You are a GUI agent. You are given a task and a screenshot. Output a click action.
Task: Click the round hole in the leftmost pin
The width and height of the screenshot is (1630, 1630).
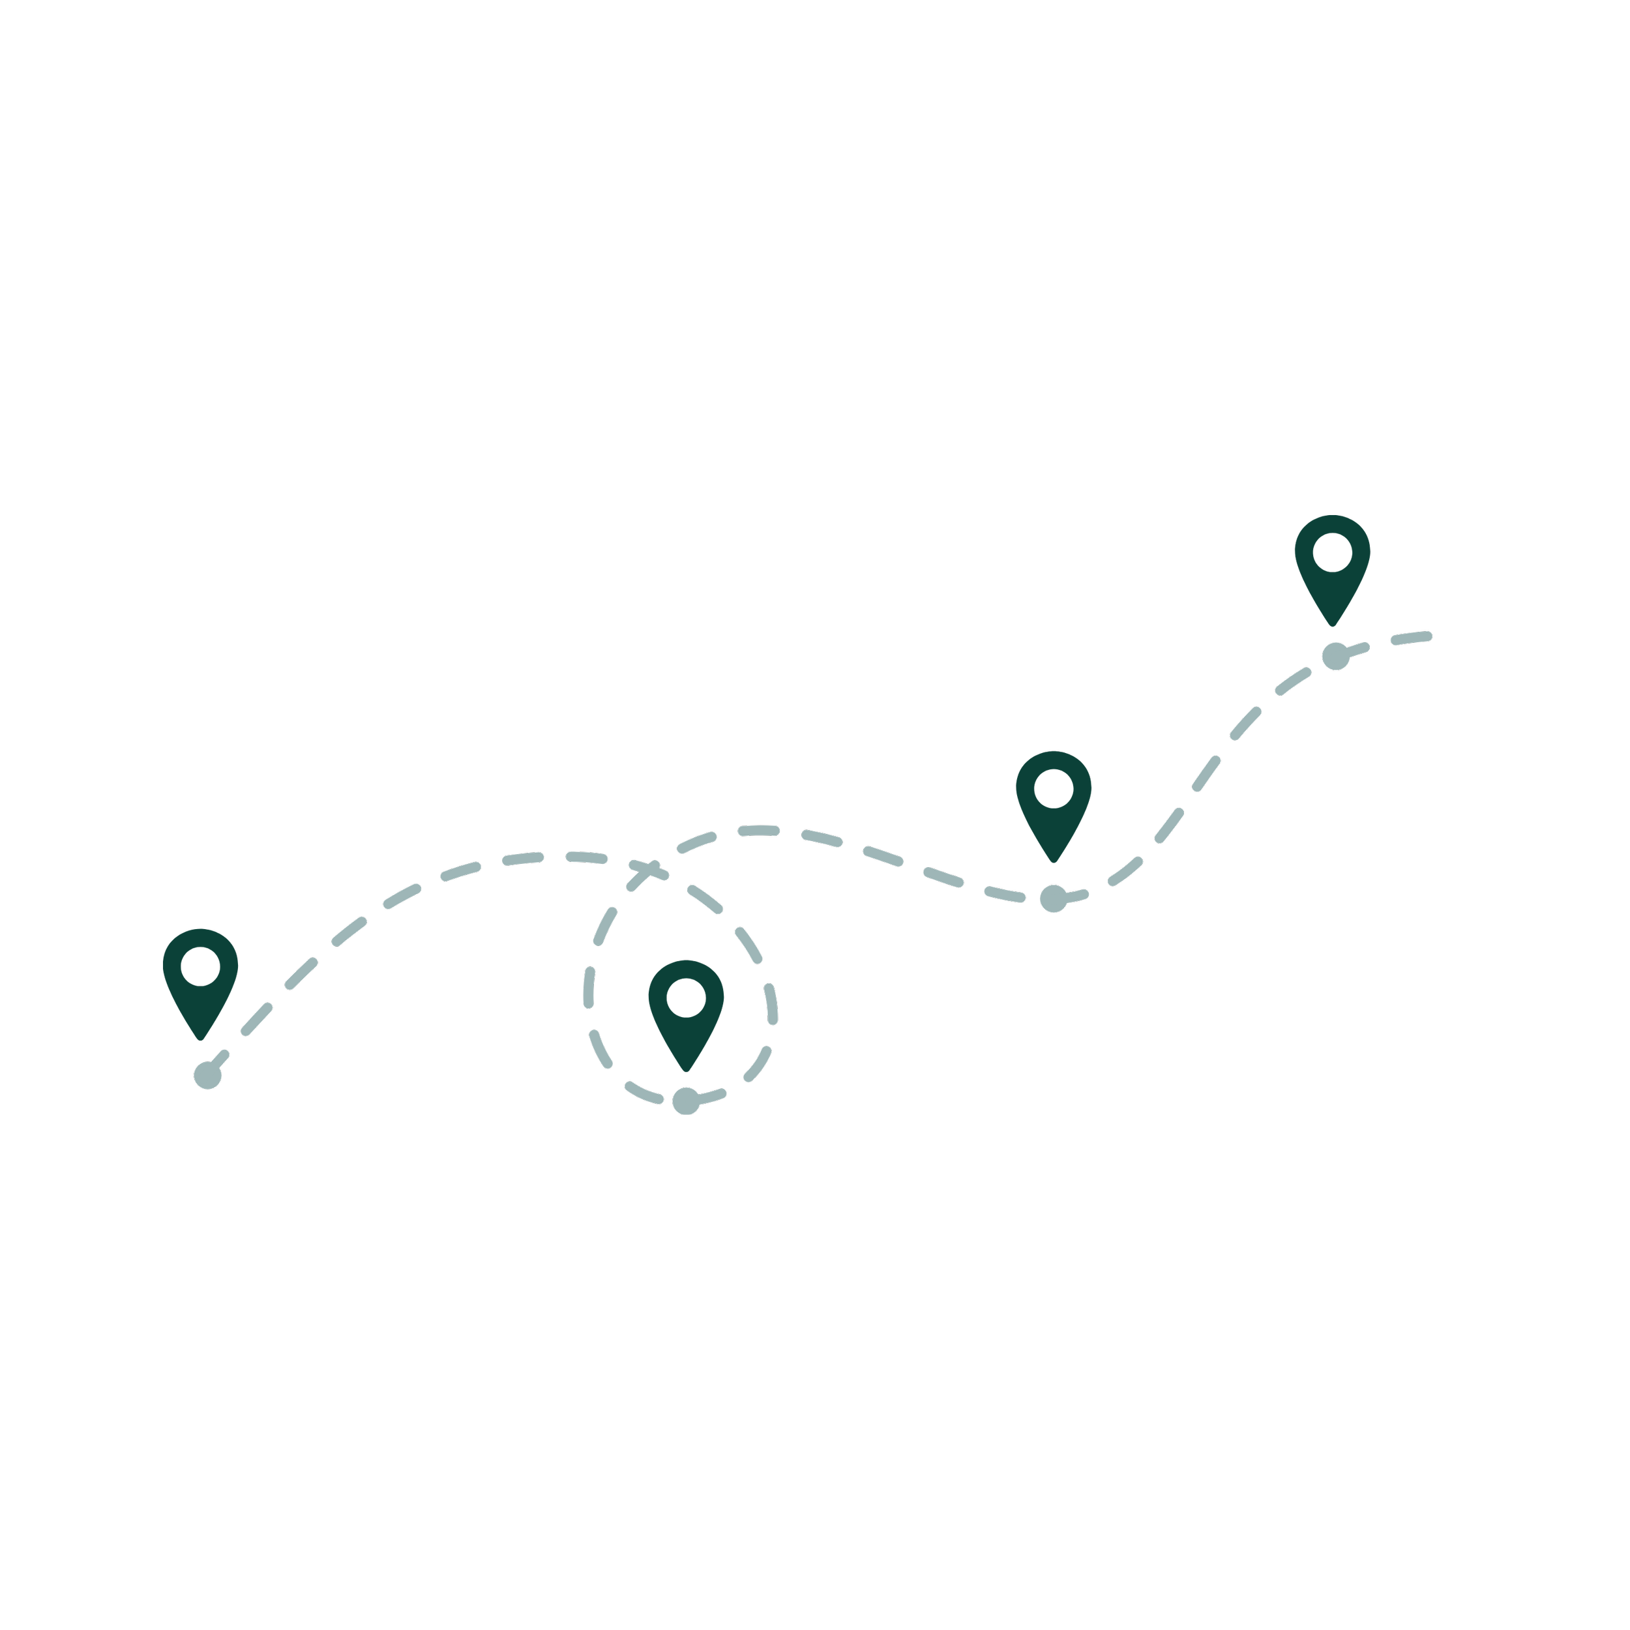200,966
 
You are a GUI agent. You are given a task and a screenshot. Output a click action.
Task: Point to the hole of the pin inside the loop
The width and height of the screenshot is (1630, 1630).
686,998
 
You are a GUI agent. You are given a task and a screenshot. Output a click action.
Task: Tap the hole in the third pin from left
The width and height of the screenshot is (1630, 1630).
1053,788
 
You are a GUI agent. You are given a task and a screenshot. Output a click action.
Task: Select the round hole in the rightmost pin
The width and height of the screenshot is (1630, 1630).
1332,553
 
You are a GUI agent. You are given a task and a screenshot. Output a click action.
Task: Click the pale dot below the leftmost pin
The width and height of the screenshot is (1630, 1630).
207,1075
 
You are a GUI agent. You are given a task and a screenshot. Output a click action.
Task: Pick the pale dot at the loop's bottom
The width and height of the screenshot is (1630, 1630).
686,1101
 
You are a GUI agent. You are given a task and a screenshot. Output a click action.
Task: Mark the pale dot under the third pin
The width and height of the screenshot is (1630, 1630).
1053,898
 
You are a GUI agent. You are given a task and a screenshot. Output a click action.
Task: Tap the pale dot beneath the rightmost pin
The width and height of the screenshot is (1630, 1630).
1335,655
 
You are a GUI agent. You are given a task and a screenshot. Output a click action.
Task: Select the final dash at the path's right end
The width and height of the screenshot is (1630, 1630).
1412,638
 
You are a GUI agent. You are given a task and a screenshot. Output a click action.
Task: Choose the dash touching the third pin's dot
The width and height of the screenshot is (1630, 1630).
1075,895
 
